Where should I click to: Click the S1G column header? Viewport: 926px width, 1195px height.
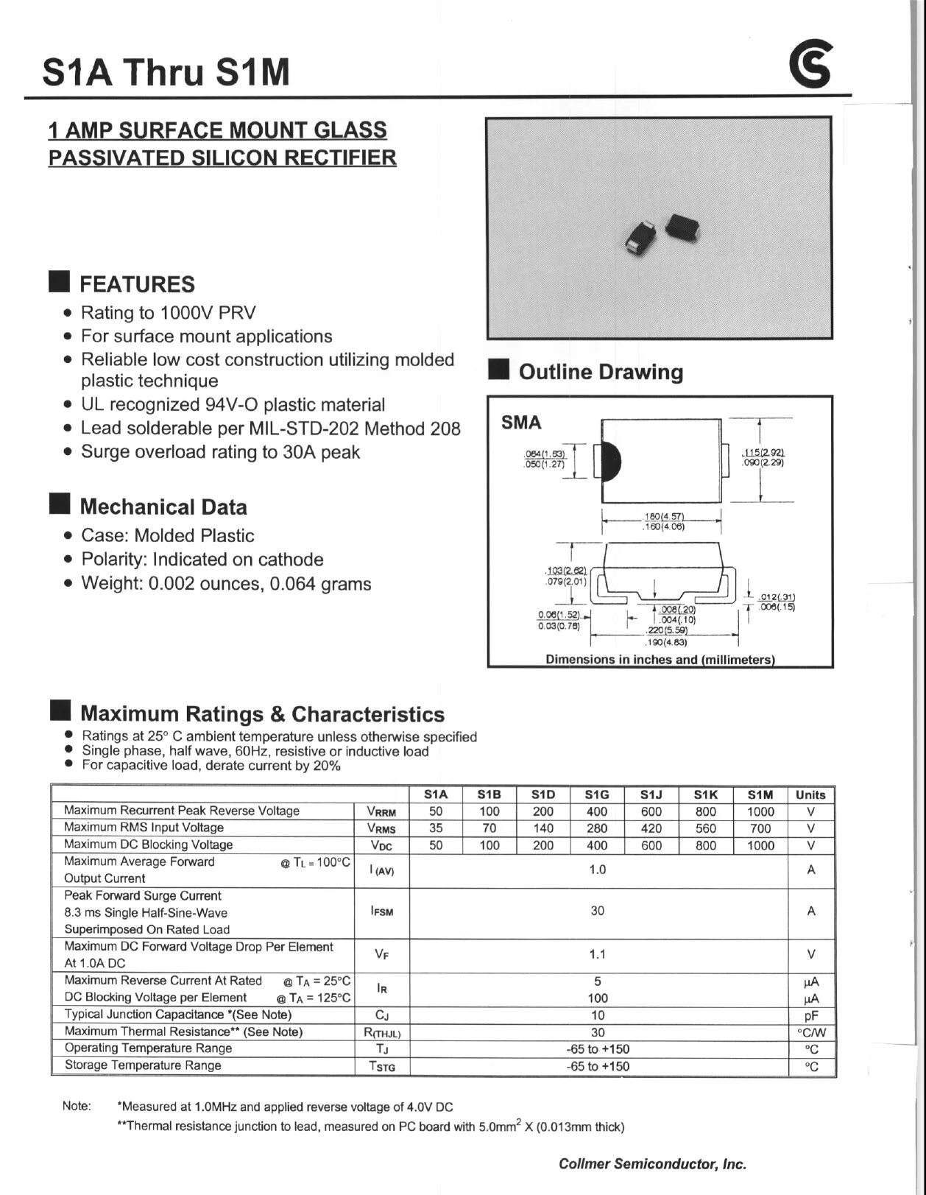pyautogui.click(x=597, y=794)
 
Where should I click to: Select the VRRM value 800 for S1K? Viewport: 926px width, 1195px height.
pyautogui.click(x=705, y=811)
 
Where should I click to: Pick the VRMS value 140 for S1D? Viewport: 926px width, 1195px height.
pyautogui.click(x=543, y=828)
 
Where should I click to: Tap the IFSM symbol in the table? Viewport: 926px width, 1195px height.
pyautogui.click(x=382, y=912)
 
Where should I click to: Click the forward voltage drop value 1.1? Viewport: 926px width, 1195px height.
pyautogui.click(x=597, y=954)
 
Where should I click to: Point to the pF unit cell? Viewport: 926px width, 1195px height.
pyautogui.click(x=811, y=1015)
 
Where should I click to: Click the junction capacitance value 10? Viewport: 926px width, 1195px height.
pyautogui.click(x=597, y=1015)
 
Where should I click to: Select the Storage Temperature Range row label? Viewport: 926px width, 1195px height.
pyautogui.click(x=143, y=1065)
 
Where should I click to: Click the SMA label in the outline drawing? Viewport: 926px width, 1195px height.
pyautogui.click(x=521, y=423)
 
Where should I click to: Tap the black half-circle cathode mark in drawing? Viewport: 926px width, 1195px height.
pyautogui.click(x=612, y=461)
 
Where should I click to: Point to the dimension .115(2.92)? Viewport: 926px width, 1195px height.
pyautogui.click(x=763, y=453)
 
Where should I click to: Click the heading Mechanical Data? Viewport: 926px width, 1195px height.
pyautogui.click(x=163, y=507)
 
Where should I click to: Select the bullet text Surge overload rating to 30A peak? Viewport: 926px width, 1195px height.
pyautogui.click(x=220, y=452)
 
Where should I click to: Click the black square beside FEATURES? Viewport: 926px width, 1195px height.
pyautogui.click(x=59, y=282)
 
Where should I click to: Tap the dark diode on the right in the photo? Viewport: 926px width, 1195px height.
pyautogui.click(x=682, y=228)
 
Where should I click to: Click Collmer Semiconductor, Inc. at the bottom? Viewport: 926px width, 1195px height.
pyautogui.click(x=652, y=1164)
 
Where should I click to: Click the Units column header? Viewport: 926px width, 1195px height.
pyautogui.click(x=810, y=794)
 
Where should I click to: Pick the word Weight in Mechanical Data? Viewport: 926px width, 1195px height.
pyautogui.click(x=108, y=584)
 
